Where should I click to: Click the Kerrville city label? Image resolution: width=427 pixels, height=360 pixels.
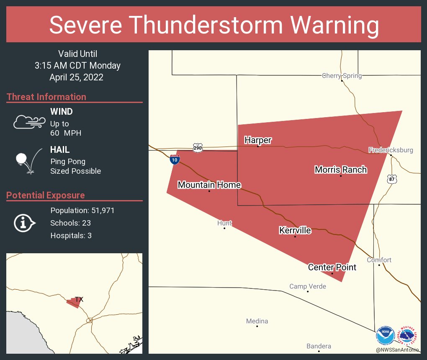[x=295, y=231]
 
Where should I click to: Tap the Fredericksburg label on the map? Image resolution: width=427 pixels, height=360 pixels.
[x=391, y=150]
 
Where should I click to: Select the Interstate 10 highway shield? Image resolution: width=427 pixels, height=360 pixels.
[x=175, y=159]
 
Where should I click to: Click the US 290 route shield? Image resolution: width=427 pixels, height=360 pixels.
[x=198, y=147]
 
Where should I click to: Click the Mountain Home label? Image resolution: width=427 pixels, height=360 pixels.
[x=209, y=185]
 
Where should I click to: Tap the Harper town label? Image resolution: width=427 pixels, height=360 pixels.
[x=258, y=140]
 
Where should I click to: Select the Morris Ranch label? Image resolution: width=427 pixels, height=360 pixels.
[x=341, y=170]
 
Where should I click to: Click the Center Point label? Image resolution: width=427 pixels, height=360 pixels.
[x=332, y=267]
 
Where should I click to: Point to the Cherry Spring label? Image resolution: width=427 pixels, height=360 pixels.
[x=342, y=76]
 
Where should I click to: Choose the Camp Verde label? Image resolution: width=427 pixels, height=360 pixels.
[x=308, y=286]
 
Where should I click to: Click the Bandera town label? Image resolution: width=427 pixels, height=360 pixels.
[x=319, y=346]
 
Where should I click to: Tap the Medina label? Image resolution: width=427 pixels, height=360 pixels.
[x=257, y=321]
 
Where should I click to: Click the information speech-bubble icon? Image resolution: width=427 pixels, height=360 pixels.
[x=24, y=223]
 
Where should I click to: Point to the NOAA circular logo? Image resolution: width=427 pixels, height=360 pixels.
[x=385, y=336]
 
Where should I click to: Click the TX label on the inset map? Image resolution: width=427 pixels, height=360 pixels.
[x=79, y=299]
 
